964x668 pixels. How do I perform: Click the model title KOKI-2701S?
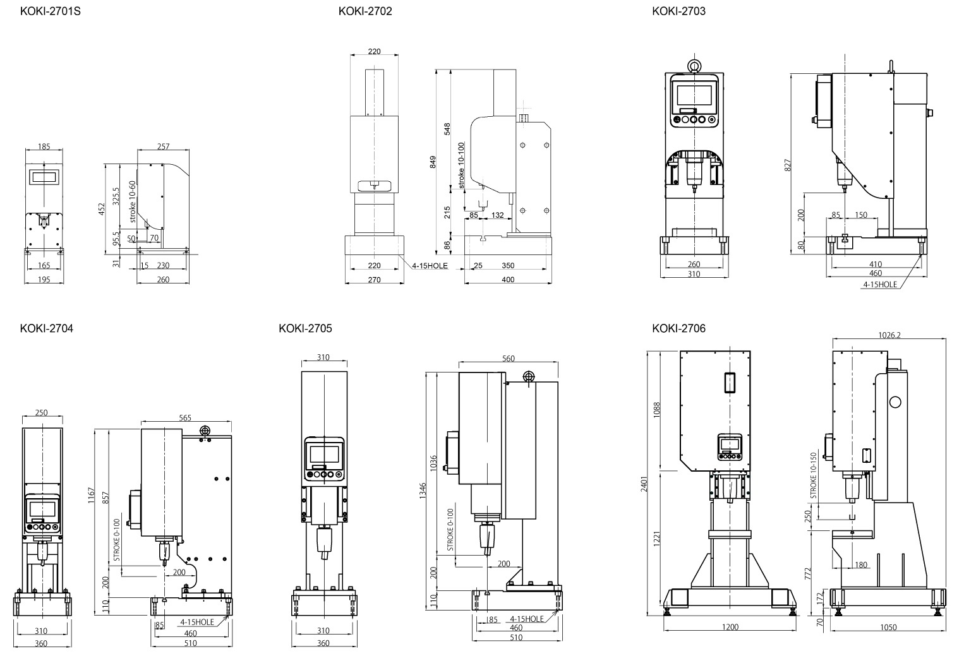(x=50, y=11)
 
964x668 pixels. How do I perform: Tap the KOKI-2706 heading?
(x=678, y=328)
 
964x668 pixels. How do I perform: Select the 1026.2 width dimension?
(x=889, y=335)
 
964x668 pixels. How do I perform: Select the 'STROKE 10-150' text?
(x=813, y=475)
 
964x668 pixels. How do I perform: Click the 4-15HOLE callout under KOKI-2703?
(x=880, y=285)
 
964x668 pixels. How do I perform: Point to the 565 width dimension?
(x=185, y=418)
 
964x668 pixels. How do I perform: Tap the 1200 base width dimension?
(x=730, y=627)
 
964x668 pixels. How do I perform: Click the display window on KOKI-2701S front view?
(x=44, y=176)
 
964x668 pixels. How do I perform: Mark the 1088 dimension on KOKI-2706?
(x=657, y=410)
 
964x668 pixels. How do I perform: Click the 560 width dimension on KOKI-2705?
(x=508, y=359)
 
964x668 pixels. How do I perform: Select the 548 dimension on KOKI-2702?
(x=447, y=129)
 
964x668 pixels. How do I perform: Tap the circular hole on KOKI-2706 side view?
(x=895, y=402)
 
